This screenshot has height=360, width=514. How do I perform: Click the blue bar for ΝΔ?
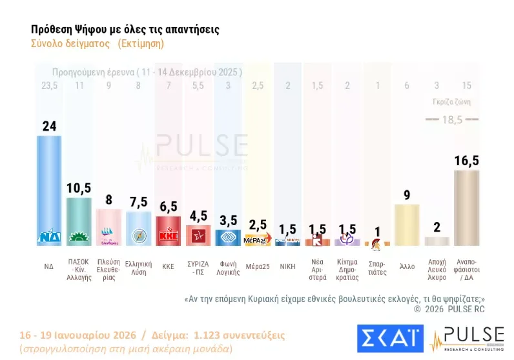(x=49, y=190)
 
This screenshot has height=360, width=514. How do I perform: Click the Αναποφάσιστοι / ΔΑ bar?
(x=467, y=208)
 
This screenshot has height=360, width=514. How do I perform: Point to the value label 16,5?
(x=467, y=161)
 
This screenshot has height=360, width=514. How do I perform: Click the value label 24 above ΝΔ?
(x=49, y=126)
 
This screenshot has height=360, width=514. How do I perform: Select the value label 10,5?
(x=79, y=188)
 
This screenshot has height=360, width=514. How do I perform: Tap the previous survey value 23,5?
(x=49, y=85)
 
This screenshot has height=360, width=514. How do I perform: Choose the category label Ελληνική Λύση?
(x=138, y=268)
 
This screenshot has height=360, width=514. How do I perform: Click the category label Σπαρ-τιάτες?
(x=377, y=268)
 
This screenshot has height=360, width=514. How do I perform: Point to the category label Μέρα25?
(x=257, y=264)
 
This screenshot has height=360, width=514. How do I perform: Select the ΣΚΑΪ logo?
(x=389, y=339)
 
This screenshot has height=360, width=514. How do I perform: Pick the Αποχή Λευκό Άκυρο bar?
(x=437, y=241)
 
